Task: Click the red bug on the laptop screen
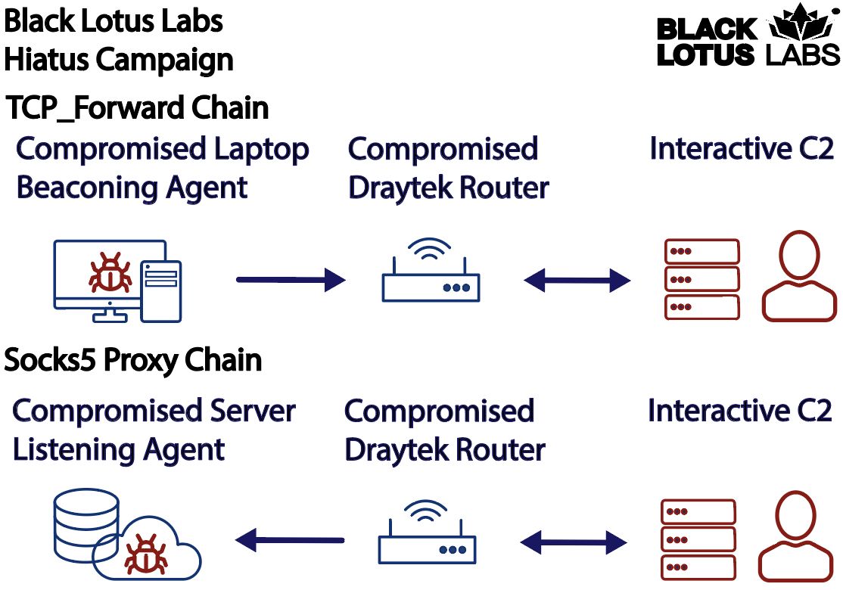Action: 110,274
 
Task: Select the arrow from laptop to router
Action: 291,280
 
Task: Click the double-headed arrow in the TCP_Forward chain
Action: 577,280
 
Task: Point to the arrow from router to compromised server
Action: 290,540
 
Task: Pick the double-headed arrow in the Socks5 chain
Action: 574,542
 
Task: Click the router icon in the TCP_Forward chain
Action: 431,270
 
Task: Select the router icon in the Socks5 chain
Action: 428,532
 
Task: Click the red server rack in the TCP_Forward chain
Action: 702,279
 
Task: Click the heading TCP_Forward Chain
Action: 137,107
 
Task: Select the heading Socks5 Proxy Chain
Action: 132,359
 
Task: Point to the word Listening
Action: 72,451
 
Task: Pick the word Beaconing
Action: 87,188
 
